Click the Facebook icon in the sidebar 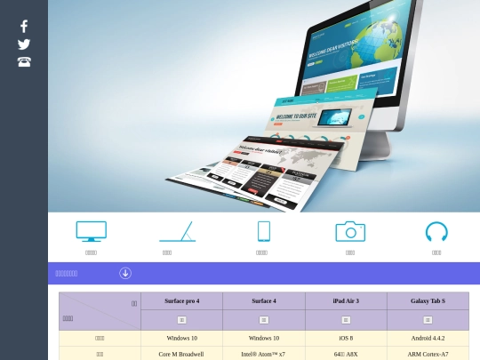click(24, 26)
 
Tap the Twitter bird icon click(24, 44)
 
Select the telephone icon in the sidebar click(24, 62)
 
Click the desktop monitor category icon click(91, 231)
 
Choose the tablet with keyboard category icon click(177, 231)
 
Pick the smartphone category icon click(263, 231)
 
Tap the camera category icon click(350, 231)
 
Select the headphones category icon click(436, 231)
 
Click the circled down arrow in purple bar click(125, 273)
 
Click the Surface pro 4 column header click(181, 301)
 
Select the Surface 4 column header click(264, 301)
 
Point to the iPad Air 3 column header click(346, 301)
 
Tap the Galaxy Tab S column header click(428, 301)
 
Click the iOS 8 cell click(346, 338)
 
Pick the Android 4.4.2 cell click(428, 338)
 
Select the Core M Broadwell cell click(181, 354)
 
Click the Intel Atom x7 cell click(264, 354)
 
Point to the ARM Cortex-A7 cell click(428, 354)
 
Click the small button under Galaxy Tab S click(428, 320)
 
